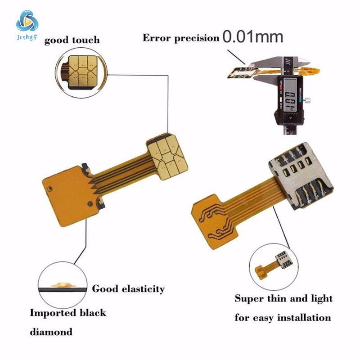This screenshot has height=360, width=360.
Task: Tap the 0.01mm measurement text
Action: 253,36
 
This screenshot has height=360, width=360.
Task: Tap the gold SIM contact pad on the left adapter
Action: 166,155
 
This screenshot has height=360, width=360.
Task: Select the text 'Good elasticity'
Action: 128,289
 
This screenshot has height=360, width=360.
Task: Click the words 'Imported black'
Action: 68,312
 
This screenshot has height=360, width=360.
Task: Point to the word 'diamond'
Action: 51,333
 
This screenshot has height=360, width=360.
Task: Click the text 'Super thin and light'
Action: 283,298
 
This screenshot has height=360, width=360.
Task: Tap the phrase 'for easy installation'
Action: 283,318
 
